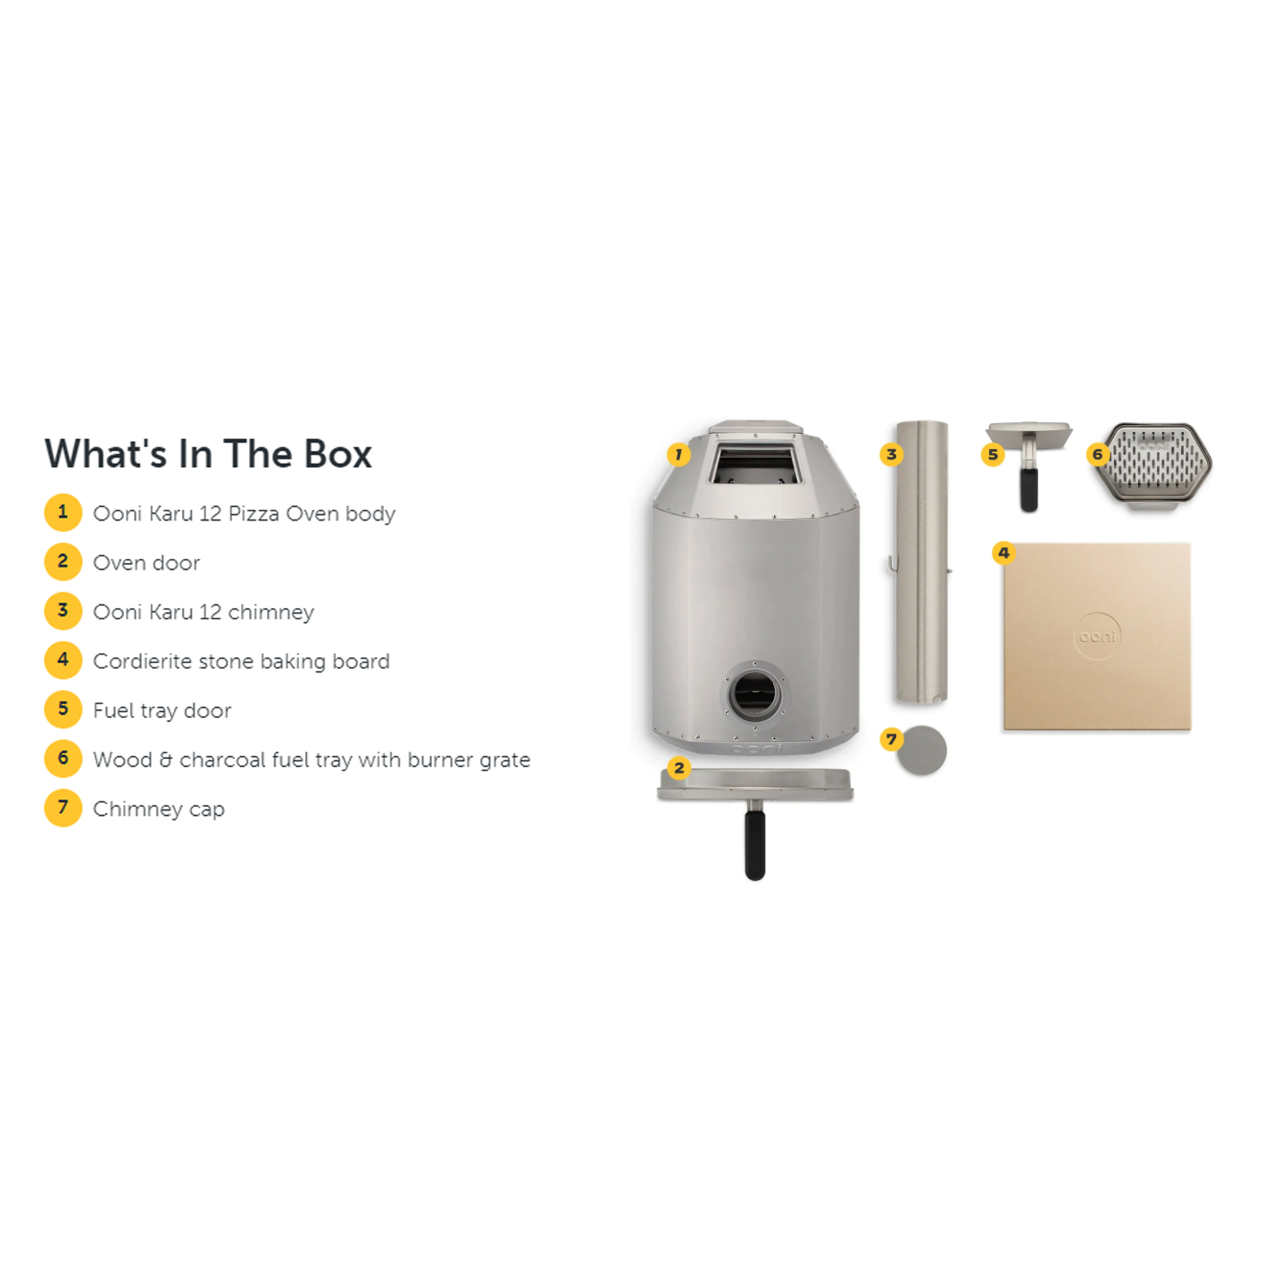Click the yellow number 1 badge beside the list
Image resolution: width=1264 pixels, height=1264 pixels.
pyautogui.click(x=63, y=512)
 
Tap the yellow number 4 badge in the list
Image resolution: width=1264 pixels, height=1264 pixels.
pyautogui.click(x=63, y=660)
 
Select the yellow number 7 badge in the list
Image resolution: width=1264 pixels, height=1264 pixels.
pyautogui.click(x=63, y=808)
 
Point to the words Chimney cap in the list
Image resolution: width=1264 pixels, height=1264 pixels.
pyautogui.click(x=159, y=810)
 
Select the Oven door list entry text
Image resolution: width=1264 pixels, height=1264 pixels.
pyautogui.click(x=146, y=562)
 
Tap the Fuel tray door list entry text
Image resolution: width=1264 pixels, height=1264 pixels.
pyautogui.click(x=162, y=711)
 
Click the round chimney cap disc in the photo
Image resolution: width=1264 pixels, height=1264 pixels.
pyautogui.click(x=921, y=751)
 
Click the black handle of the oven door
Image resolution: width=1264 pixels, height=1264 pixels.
pyautogui.click(x=755, y=844)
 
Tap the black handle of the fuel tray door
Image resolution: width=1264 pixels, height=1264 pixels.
pyautogui.click(x=1028, y=489)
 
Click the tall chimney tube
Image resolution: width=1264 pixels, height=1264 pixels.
pyautogui.click(x=921, y=562)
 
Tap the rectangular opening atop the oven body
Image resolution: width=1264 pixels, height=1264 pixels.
pyautogui.click(x=755, y=464)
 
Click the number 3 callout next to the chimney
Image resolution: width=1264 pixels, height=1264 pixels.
pyautogui.click(x=891, y=453)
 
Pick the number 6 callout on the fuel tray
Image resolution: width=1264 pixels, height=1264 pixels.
pyautogui.click(x=1097, y=453)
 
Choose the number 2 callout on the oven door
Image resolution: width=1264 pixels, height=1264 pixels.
pyautogui.click(x=679, y=768)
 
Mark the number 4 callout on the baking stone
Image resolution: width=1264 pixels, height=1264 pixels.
pyautogui.click(x=1003, y=553)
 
